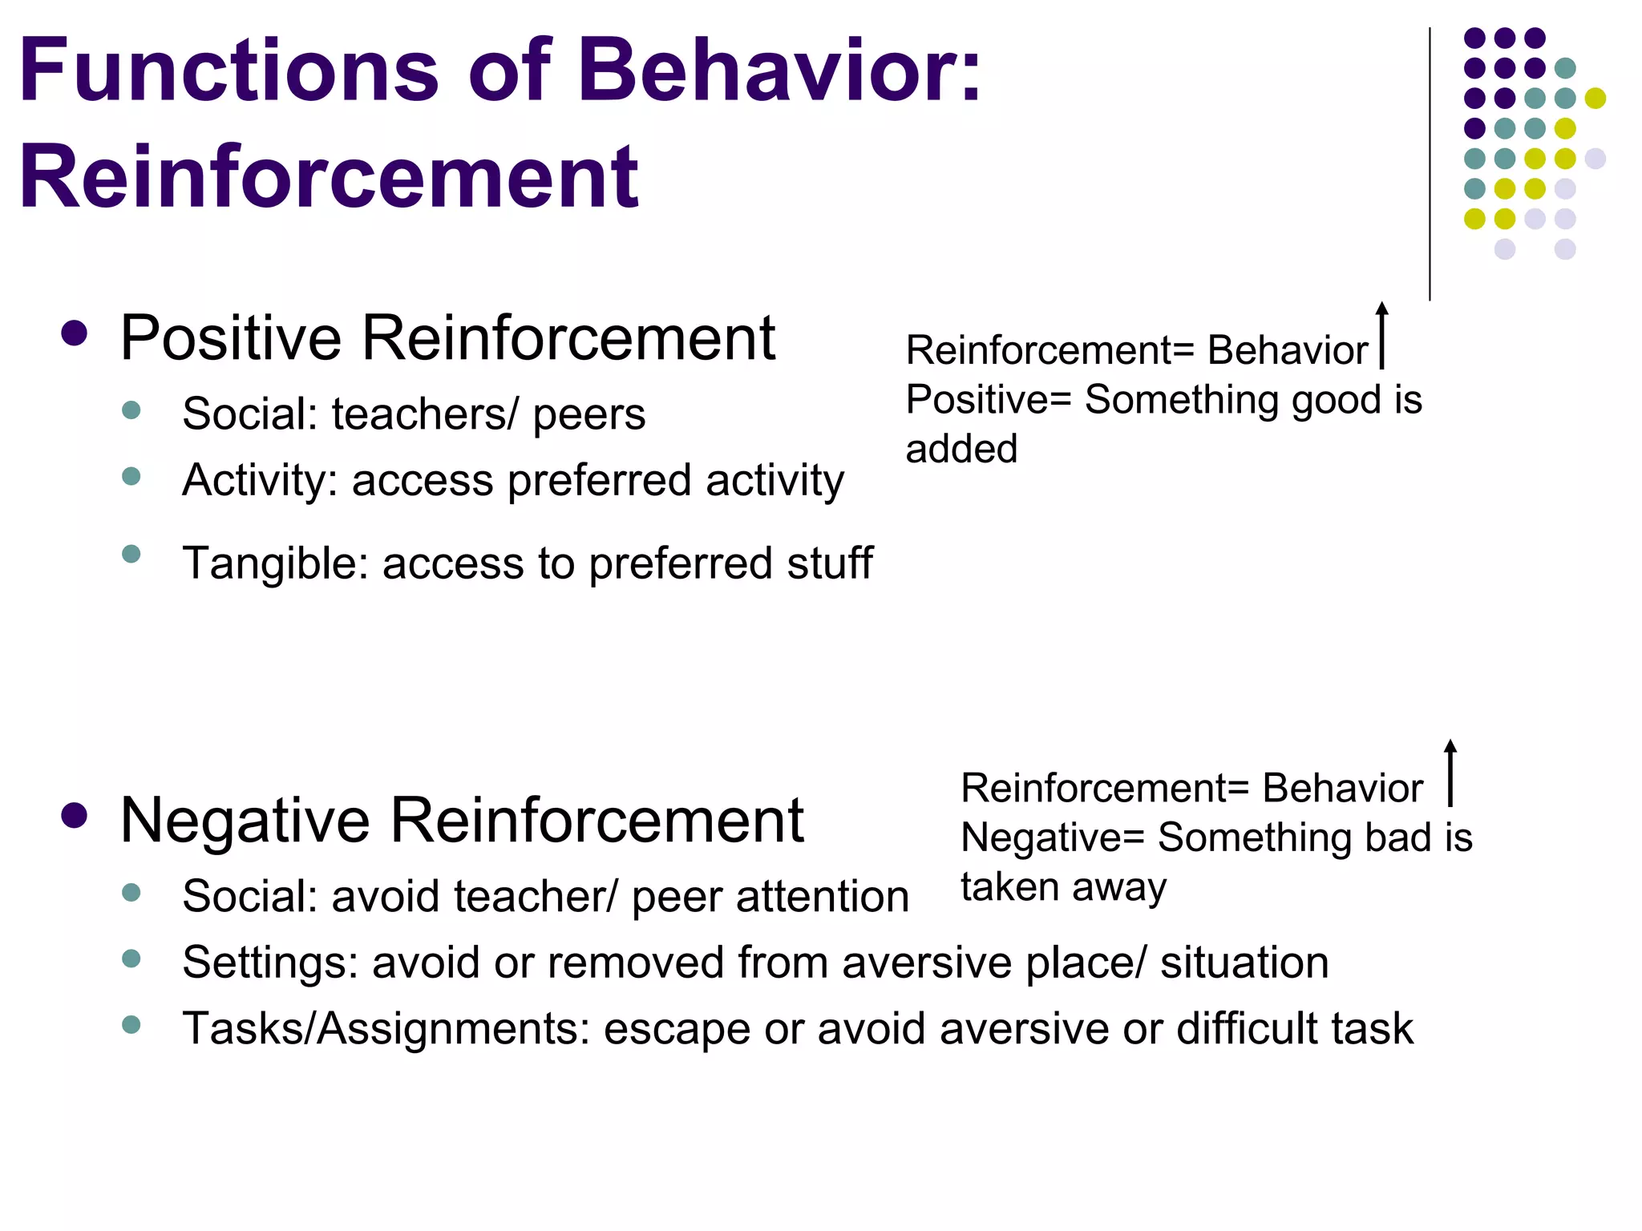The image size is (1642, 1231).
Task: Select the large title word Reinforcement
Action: pos(329,176)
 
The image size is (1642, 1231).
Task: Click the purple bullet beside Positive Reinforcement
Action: pos(74,333)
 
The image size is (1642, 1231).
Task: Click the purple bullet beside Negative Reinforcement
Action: pos(74,816)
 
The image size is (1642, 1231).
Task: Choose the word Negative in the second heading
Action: pos(245,821)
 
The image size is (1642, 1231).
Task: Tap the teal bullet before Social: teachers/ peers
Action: pos(131,411)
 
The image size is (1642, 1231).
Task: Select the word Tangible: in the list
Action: pos(275,563)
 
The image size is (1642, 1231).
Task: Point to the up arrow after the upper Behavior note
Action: pos(1381,335)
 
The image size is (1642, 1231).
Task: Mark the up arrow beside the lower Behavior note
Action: pos(1450,773)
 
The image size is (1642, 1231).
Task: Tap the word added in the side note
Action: pos(961,449)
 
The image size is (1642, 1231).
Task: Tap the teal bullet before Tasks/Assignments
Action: pos(131,1024)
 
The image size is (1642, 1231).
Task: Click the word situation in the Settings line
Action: pos(1244,963)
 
